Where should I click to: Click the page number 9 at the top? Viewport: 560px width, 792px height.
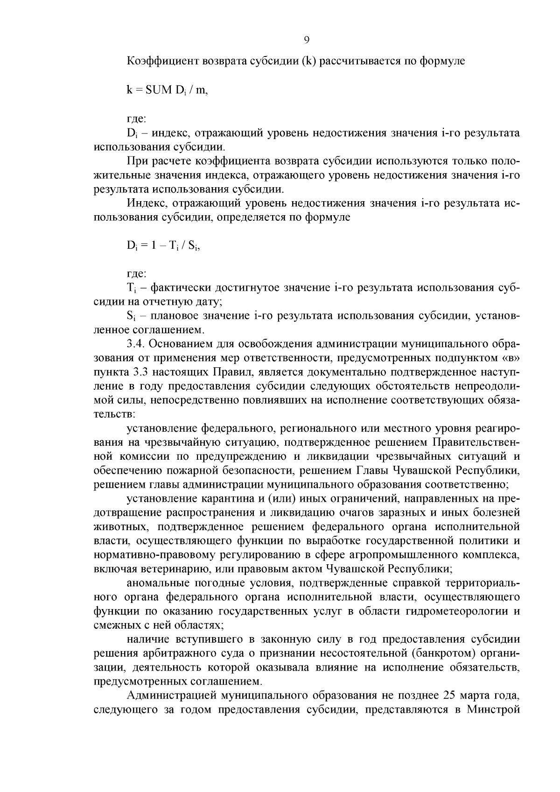click(307, 40)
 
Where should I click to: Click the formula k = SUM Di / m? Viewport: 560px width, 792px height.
click(167, 91)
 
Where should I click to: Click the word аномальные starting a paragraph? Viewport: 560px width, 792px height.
click(155, 583)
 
